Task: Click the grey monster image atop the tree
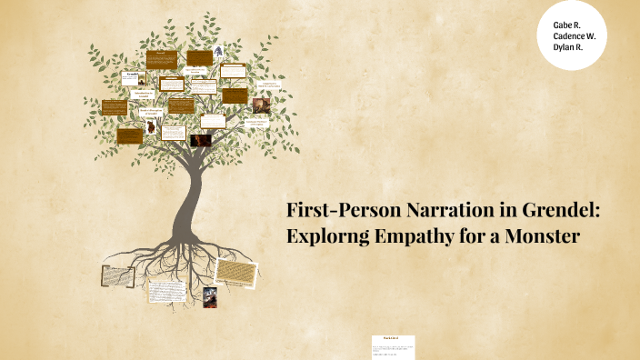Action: click(220, 54)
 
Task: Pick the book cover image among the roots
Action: click(209, 296)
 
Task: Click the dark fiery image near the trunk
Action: click(200, 140)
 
